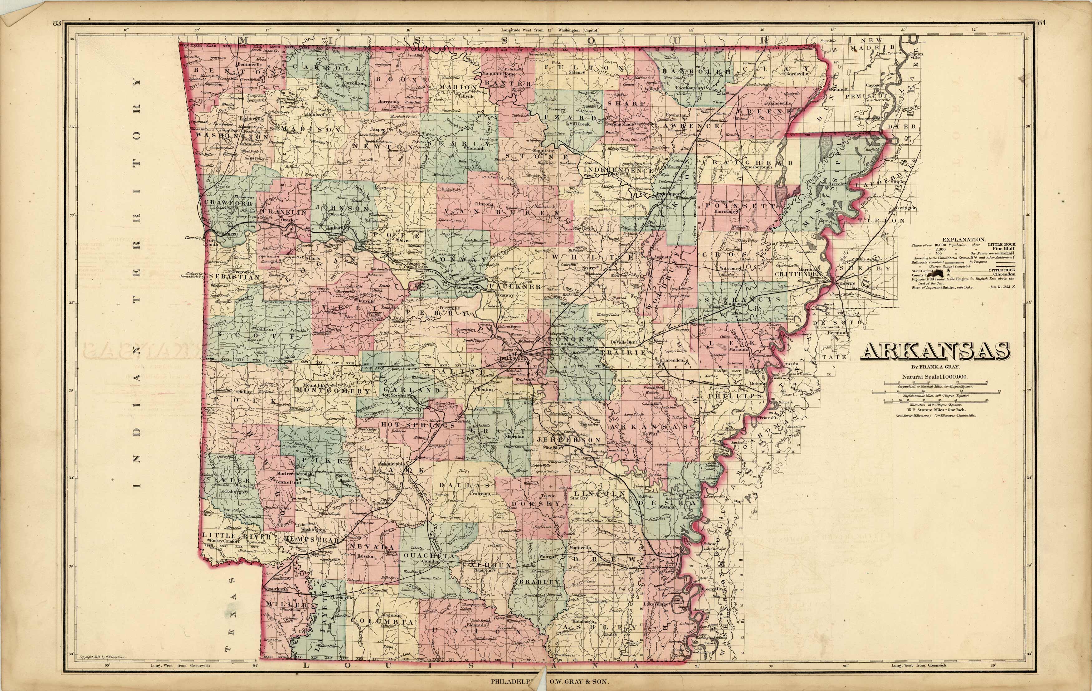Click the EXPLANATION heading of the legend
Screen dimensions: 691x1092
click(x=963, y=239)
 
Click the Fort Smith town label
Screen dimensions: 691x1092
click(x=211, y=242)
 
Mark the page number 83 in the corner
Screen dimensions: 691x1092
click(x=57, y=24)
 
